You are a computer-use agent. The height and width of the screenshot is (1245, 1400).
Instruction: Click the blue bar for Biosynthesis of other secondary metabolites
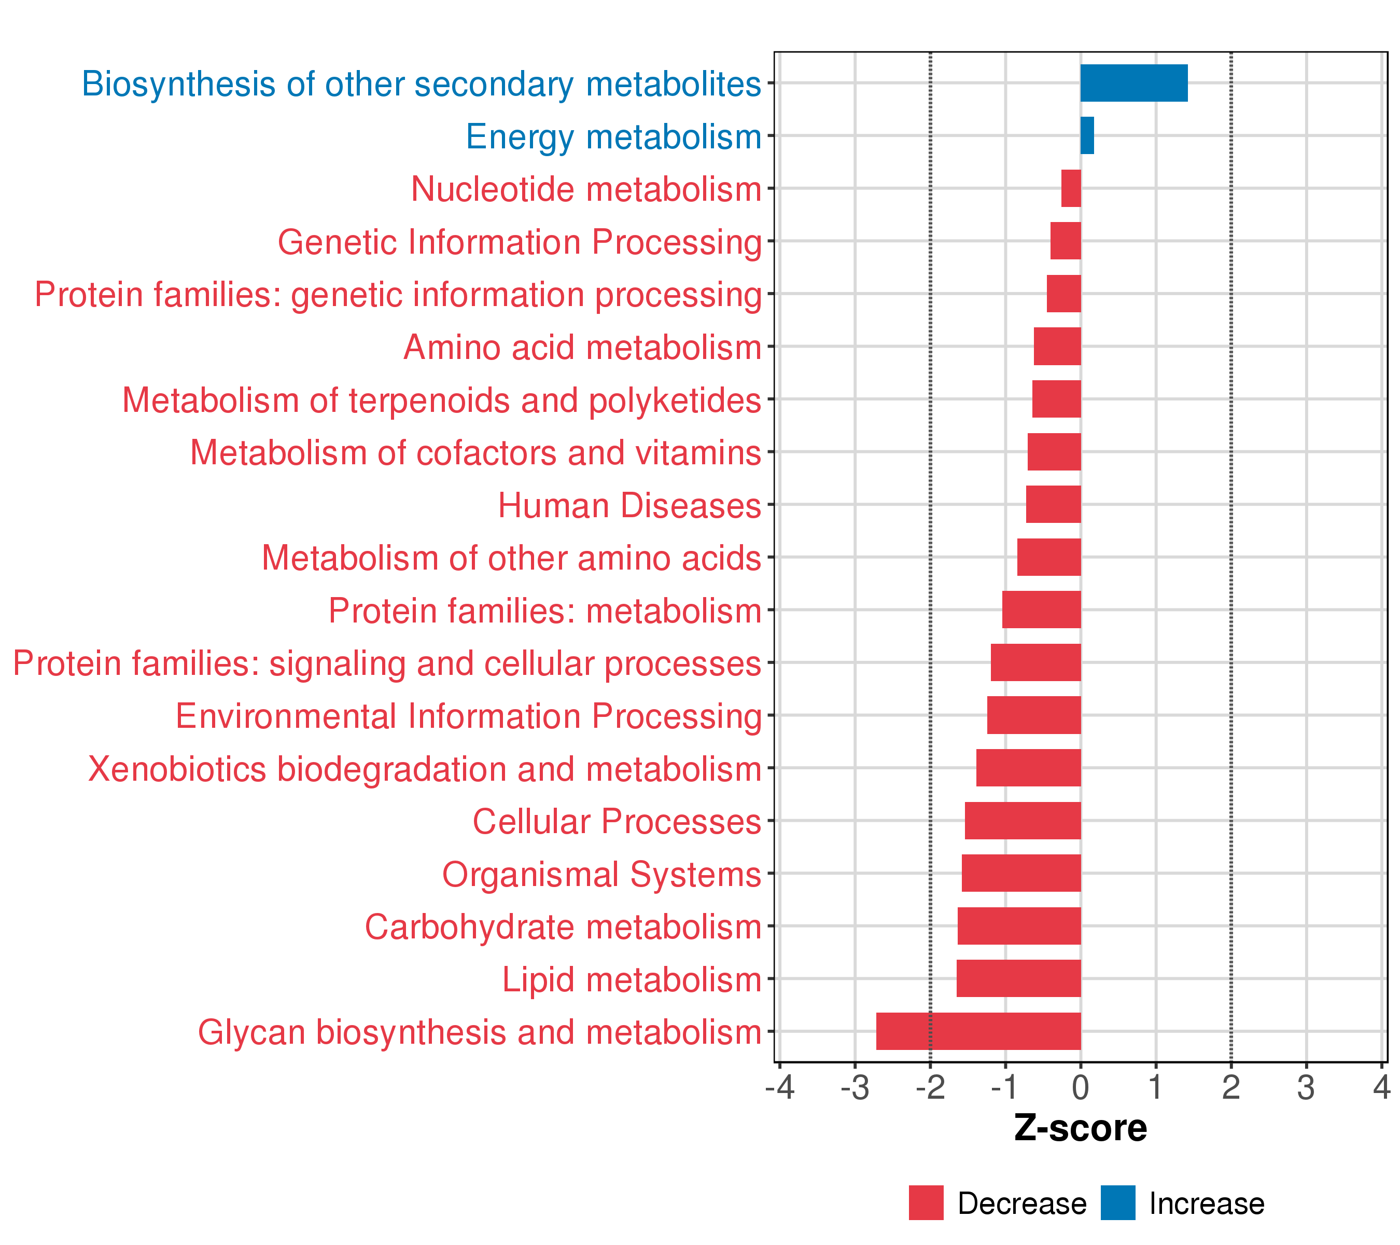tap(1133, 83)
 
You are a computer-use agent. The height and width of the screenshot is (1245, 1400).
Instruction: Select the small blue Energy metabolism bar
tap(1087, 136)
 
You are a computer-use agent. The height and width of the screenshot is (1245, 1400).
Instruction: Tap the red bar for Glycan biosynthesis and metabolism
tap(978, 1031)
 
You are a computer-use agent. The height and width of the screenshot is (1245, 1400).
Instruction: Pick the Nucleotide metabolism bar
tap(1071, 188)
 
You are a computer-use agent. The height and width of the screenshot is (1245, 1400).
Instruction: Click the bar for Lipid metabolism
tap(1018, 978)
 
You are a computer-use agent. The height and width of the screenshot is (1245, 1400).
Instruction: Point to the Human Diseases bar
tap(1054, 504)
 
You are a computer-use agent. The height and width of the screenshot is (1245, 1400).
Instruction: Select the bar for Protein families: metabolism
tap(1041, 610)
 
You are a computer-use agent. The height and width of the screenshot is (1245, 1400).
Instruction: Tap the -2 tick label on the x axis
tap(930, 1087)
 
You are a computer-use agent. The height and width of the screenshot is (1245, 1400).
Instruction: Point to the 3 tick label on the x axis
tap(1306, 1087)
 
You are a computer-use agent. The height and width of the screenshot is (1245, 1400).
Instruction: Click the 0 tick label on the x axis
tap(1081, 1087)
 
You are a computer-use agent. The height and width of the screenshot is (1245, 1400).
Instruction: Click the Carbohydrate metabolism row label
tap(563, 927)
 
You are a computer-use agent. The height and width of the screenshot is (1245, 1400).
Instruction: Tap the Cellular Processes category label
tap(617, 822)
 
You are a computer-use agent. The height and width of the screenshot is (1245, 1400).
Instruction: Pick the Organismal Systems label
tap(601, 874)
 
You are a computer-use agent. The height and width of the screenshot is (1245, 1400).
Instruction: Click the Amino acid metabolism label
tap(582, 348)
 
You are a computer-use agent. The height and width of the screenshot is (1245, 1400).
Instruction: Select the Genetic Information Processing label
tap(519, 242)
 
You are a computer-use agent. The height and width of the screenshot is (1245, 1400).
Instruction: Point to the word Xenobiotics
tap(177, 769)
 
